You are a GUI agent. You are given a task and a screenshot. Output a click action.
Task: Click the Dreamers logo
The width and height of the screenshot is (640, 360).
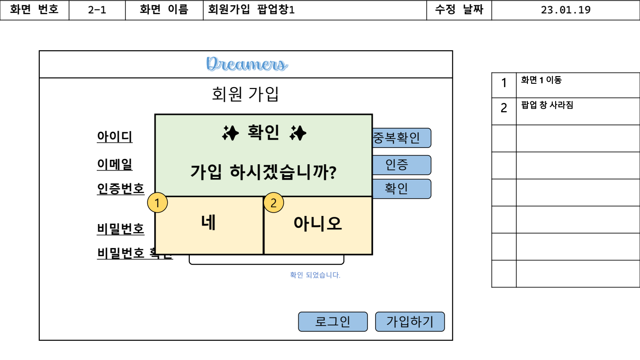click(x=247, y=64)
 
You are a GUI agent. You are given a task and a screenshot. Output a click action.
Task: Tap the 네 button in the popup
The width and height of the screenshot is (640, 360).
click(x=209, y=224)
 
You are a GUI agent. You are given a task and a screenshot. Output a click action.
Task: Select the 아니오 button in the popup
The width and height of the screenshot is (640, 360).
click(x=318, y=224)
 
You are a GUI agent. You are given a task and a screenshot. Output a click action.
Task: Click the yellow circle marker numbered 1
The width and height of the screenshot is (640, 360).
click(x=157, y=203)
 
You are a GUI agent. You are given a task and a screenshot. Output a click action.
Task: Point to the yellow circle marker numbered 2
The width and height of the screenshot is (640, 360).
click(x=274, y=203)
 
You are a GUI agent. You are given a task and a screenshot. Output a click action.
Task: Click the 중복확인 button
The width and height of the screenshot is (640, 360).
click(x=401, y=138)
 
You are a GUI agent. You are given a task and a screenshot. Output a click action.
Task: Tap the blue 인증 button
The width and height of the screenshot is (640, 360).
click(x=401, y=165)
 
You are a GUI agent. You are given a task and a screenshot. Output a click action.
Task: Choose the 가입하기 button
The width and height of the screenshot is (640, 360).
click(x=410, y=322)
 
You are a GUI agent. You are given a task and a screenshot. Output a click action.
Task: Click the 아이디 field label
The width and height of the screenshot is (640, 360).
click(x=114, y=137)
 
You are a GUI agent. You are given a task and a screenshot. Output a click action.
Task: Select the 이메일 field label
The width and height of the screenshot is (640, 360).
click(x=114, y=165)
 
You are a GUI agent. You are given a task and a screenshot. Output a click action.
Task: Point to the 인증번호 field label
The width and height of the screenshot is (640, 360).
click(x=120, y=189)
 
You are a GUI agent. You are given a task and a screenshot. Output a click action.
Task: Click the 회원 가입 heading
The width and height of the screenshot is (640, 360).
click(x=245, y=94)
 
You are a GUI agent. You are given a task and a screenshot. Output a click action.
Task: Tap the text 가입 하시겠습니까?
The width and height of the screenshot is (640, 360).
click(x=263, y=172)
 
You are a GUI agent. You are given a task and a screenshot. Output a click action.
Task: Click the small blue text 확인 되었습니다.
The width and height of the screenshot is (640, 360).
click(x=315, y=275)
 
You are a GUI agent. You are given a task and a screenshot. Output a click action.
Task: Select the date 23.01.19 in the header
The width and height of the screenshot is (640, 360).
click(x=565, y=10)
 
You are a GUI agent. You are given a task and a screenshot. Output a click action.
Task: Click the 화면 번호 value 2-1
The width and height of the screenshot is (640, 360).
click(x=97, y=10)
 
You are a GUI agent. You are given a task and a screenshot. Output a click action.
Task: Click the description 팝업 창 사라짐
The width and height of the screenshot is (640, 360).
click(x=547, y=105)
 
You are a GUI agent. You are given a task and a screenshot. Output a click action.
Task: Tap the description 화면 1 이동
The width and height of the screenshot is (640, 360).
click(x=541, y=80)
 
